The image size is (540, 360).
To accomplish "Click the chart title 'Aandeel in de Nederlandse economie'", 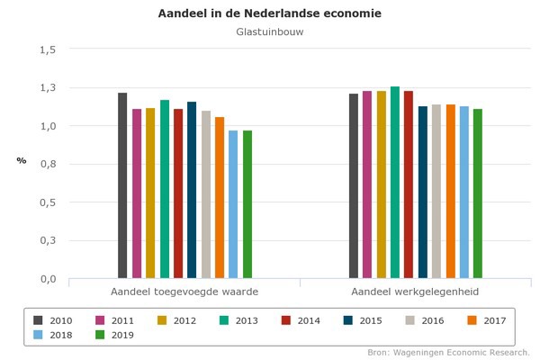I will coord(269,14).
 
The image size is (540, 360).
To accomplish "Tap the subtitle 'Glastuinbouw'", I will coord(269,33).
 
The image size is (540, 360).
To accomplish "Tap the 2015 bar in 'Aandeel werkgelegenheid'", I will coord(423,193).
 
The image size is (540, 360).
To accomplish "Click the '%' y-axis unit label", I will coord(21,160).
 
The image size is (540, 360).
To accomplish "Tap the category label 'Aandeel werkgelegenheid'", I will coord(415,292).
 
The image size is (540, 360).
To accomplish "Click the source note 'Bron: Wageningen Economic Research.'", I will coord(448,352).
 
